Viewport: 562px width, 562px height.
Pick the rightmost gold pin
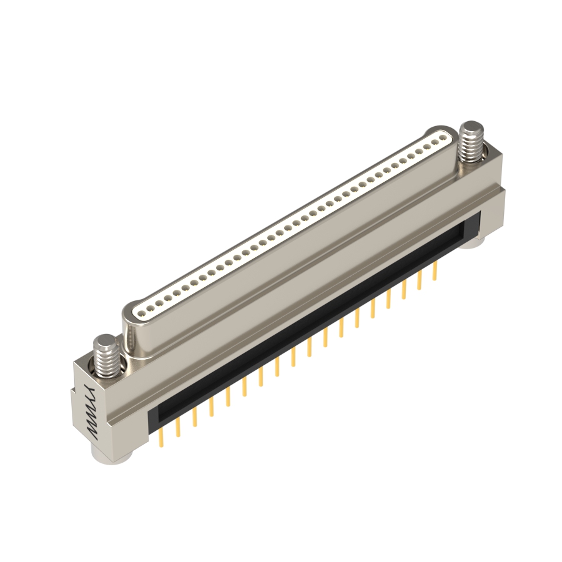point(435,270)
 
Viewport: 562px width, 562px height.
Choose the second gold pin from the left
point(177,427)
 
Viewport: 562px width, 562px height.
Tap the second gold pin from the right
point(420,280)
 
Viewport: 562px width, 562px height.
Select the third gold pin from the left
point(195,417)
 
